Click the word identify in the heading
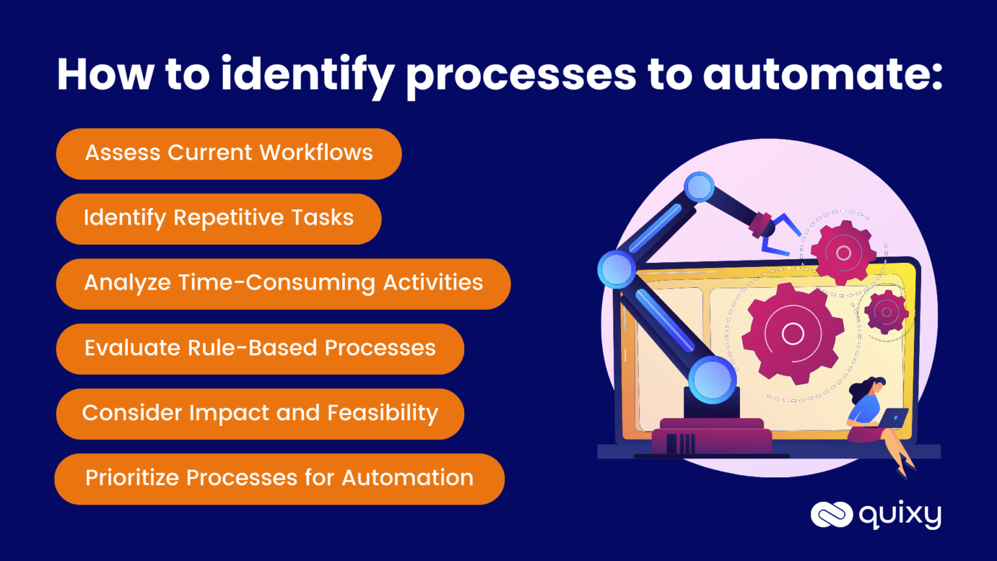coord(307,75)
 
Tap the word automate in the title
coord(822,75)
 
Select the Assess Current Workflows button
coord(228,153)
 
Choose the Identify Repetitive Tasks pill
coord(218,218)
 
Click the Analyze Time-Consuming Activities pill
coord(283,283)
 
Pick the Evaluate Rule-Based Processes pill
coord(260,348)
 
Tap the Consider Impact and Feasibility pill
coord(260,414)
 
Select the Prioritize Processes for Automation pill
coord(279,479)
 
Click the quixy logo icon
coord(831,515)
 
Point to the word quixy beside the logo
coord(900,516)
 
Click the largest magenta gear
coord(793,334)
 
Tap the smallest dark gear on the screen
coord(886,312)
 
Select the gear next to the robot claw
coord(843,253)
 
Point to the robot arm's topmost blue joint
coord(699,188)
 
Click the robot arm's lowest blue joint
coord(712,379)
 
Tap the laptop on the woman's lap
coord(894,419)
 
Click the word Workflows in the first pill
coord(316,153)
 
